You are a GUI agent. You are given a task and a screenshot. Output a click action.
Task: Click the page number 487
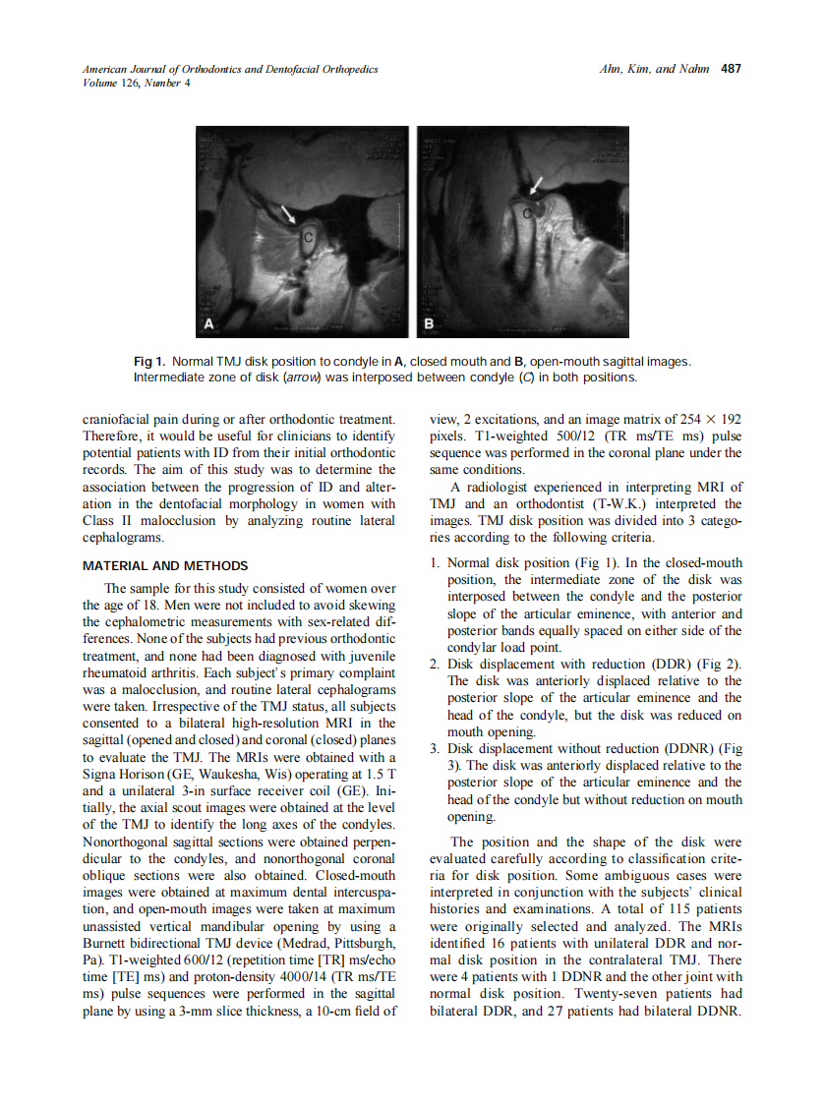(x=731, y=69)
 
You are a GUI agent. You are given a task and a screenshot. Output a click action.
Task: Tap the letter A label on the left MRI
(x=208, y=323)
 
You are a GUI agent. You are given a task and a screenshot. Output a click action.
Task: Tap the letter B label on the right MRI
(x=429, y=323)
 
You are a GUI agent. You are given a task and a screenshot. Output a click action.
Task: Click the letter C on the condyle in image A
(x=308, y=237)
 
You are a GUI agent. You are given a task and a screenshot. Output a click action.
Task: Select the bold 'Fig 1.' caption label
(x=151, y=362)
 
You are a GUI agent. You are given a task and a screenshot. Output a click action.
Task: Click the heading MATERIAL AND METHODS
(x=165, y=566)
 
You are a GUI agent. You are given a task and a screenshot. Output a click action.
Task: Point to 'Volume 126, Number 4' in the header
(x=137, y=83)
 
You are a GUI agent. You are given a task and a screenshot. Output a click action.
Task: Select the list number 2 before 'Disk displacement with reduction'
(x=435, y=664)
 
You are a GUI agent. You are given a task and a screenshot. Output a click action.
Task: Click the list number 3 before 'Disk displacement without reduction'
(x=435, y=749)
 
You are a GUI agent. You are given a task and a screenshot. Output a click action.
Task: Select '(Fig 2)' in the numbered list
(x=720, y=664)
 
